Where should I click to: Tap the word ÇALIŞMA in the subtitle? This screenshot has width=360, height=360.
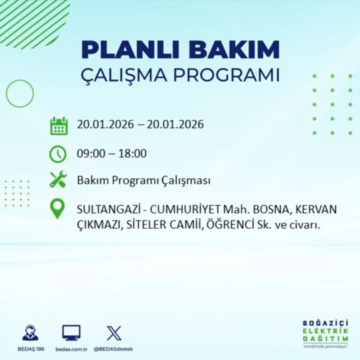[x=123, y=75]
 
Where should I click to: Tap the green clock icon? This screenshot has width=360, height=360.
[x=58, y=154]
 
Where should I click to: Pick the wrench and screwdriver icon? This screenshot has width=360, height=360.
[x=58, y=180]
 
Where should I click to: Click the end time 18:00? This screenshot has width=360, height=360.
[x=132, y=154]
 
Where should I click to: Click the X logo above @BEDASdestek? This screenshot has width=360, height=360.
[x=114, y=333]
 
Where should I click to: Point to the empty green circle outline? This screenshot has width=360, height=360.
[x=20, y=93]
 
